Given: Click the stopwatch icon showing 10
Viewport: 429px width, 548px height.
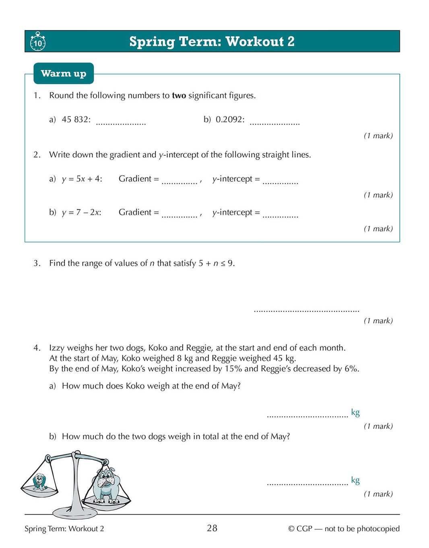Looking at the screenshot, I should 37,42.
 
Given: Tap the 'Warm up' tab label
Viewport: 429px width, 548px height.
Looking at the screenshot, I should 64,73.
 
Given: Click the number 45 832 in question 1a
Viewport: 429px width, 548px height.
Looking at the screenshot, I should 76,120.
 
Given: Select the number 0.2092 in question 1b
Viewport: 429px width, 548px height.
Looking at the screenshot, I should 230,120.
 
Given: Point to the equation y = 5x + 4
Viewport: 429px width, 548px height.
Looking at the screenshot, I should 82,179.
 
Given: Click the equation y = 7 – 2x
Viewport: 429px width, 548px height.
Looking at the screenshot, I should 81,212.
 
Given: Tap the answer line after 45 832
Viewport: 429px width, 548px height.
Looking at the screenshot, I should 121,123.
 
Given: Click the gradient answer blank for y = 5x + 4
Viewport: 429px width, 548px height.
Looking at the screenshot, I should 179,183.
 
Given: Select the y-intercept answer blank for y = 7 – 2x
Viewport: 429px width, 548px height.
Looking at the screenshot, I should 280,216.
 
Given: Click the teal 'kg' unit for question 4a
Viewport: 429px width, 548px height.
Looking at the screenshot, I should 355,412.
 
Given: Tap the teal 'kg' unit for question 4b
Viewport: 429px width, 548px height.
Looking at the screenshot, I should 355,480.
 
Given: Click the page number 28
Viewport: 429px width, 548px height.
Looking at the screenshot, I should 212,528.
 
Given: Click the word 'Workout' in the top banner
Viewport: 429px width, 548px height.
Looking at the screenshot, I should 254,42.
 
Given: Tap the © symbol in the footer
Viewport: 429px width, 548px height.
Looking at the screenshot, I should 291,529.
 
